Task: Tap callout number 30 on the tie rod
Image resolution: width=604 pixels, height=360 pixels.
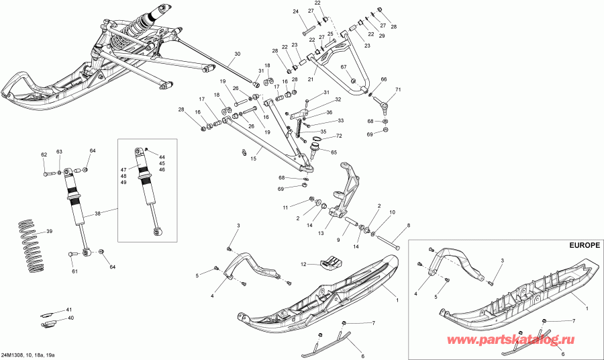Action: pyautogui.click(x=237, y=54)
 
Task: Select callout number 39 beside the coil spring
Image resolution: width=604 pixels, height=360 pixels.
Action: pyautogui.click(x=48, y=232)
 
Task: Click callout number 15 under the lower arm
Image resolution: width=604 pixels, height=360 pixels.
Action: pyautogui.click(x=253, y=159)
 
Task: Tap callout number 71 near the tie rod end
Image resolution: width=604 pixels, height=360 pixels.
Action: pyautogui.click(x=397, y=89)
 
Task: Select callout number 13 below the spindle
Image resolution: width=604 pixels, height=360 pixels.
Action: pyautogui.click(x=321, y=233)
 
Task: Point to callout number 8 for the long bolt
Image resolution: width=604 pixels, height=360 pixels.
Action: pyautogui.click(x=407, y=226)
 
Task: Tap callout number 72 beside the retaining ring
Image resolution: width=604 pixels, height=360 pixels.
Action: pyautogui.click(x=338, y=136)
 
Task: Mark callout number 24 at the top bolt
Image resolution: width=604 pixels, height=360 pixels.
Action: pyautogui.click(x=295, y=11)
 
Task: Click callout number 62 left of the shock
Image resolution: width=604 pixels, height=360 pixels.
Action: pyautogui.click(x=44, y=154)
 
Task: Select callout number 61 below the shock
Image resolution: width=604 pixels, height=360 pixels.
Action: pyautogui.click(x=75, y=272)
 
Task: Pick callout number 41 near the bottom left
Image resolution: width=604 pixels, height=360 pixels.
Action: pyautogui.click(x=69, y=310)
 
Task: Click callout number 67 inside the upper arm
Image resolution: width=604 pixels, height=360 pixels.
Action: pyautogui.click(x=342, y=67)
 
